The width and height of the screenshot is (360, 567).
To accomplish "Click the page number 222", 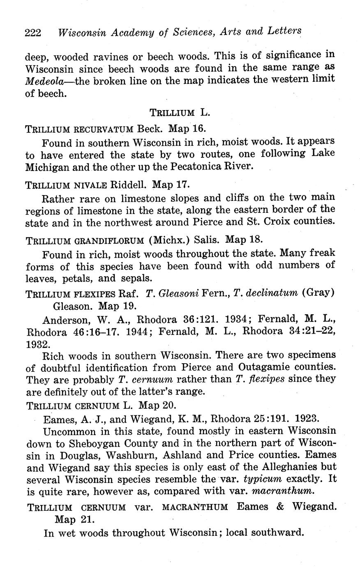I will click(x=33, y=32).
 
